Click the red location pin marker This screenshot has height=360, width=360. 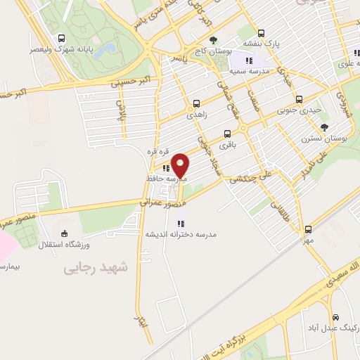pyautogui.click(x=181, y=165)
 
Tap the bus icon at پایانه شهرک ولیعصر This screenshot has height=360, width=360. pyautogui.click(x=63, y=39)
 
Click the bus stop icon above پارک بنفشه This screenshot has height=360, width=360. pyautogui.click(x=262, y=32)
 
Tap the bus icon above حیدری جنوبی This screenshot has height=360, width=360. pyautogui.click(x=300, y=99)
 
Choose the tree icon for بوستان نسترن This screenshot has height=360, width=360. pyautogui.click(x=324, y=127)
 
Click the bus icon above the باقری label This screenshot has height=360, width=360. pyautogui.click(x=226, y=134)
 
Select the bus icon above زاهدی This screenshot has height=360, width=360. pyautogui.click(x=195, y=101)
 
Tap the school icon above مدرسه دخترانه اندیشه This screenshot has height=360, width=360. pyautogui.click(x=181, y=223)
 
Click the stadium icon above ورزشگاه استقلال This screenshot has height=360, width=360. pyautogui.click(x=65, y=233)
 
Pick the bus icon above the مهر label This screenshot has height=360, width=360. pyautogui.click(x=308, y=229)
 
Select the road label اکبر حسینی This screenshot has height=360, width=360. pyautogui.click(x=135, y=82)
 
